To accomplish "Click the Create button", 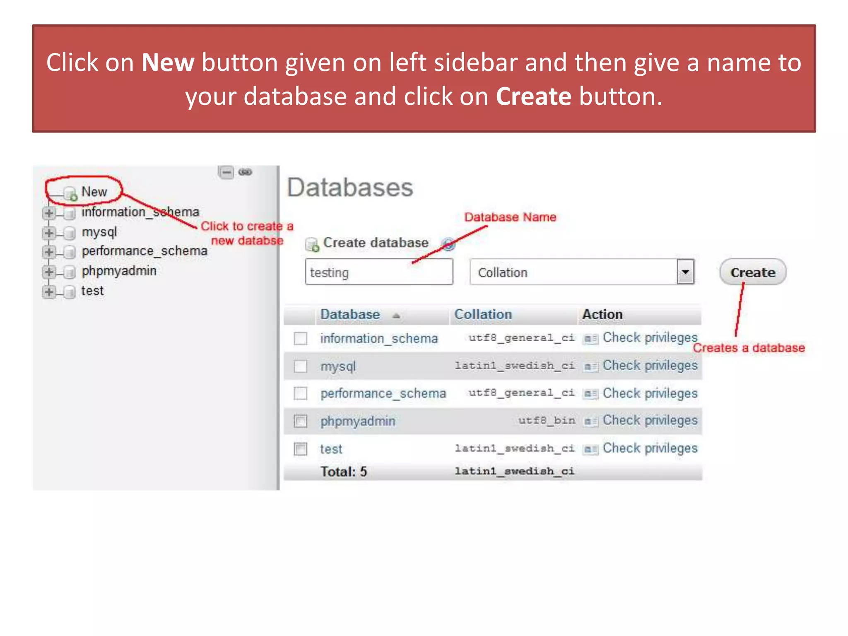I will pyautogui.click(x=752, y=272).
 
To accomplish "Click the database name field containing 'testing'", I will pyautogui.click(x=378, y=272).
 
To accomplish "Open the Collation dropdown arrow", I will pyautogui.click(x=685, y=272).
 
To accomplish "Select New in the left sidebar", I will pyautogui.click(x=94, y=192).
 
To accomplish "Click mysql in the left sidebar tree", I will pyautogui.click(x=99, y=232).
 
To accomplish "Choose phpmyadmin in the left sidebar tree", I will pyautogui.click(x=119, y=271).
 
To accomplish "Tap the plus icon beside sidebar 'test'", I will pyautogui.click(x=49, y=291).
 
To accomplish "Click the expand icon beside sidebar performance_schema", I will pyautogui.click(x=49, y=251).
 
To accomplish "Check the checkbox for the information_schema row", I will pyautogui.click(x=300, y=338).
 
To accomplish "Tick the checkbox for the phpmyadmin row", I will pyautogui.click(x=300, y=421).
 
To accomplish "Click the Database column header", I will pyautogui.click(x=350, y=314).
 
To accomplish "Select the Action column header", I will pyautogui.click(x=602, y=314).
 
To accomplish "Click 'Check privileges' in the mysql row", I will pyautogui.click(x=650, y=365).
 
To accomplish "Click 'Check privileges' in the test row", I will pyautogui.click(x=650, y=448).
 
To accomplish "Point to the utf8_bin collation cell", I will pyautogui.click(x=547, y=420).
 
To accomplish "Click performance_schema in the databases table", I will pyautogui.click(x=383, y=393).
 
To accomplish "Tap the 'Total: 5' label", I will pyautogui.click(x=344, y=472).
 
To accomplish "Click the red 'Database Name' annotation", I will pyautogui.click(x=510, y=217).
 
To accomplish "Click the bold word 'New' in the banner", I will pyautogui.click(x=168, y=63).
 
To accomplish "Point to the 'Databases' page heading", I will pyautogui.click(x=350, y=187).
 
